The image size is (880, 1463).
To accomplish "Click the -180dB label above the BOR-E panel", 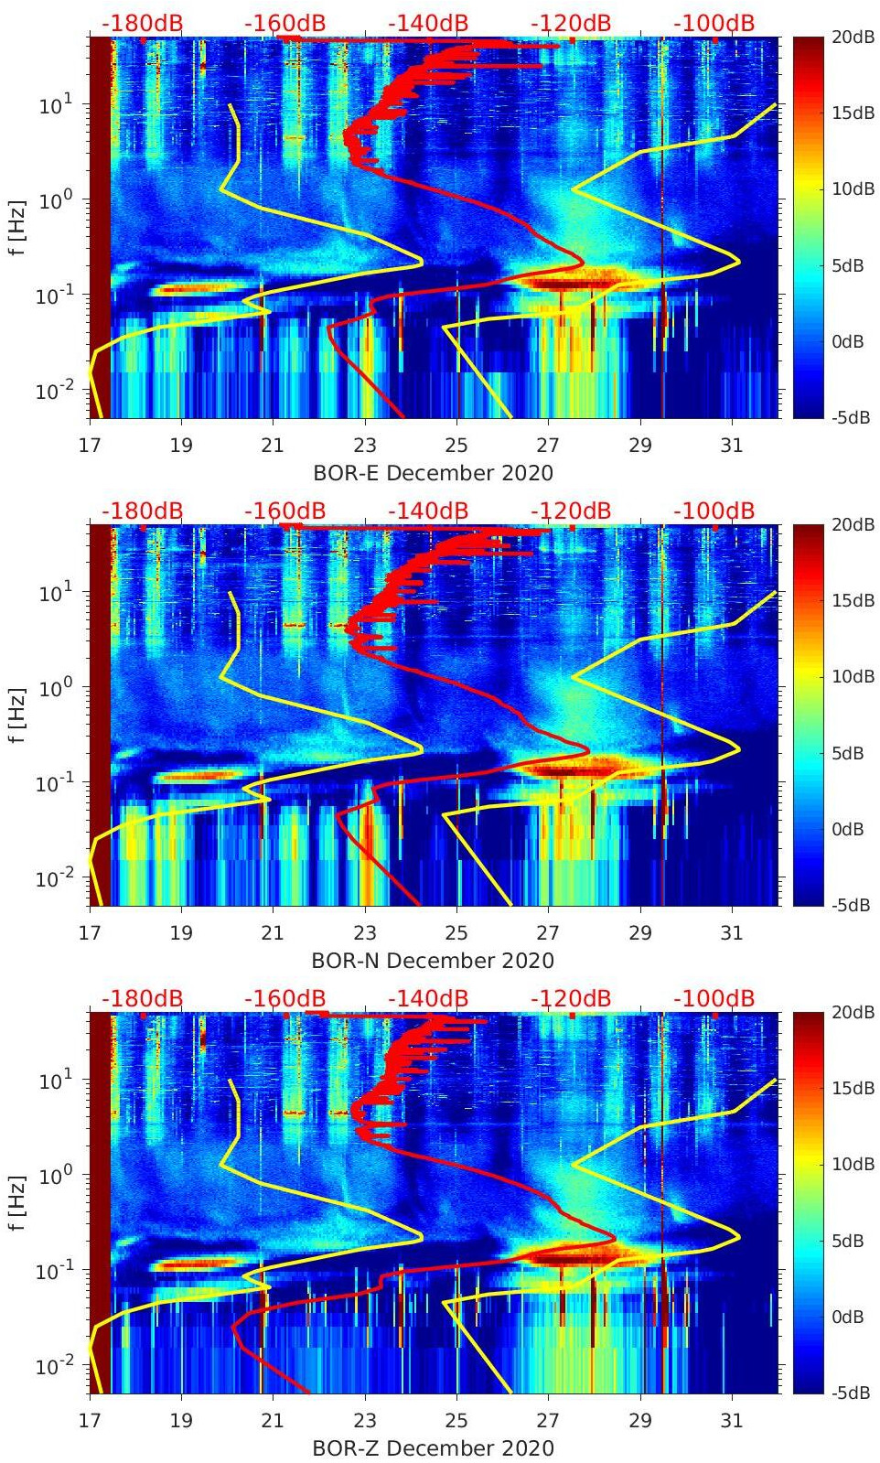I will tap(142, 23).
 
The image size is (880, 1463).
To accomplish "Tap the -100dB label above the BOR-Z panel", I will tap(714, 998).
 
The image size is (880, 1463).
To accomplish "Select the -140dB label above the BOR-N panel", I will tap(428, 511).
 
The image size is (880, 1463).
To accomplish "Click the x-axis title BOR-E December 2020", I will tap(434, 473).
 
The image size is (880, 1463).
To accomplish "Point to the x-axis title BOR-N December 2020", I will tap(434, 961).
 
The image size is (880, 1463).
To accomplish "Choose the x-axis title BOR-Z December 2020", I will tap(434, 1448).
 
